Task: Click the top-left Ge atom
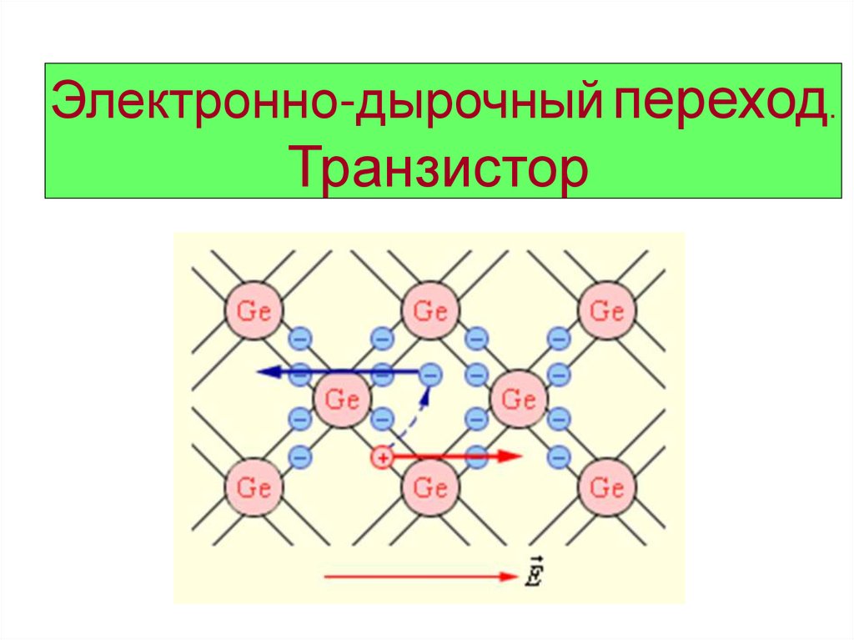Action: point(253,311)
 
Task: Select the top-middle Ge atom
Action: point(430,311)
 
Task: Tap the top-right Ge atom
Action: point(606,311)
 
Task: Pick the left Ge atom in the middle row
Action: point(342,399)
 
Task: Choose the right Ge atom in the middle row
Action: point(519,399)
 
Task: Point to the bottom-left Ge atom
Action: point(253,486)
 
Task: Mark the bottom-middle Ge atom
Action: point(430,486)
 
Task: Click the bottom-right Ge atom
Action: point(606,486)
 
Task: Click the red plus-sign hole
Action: point(381,457)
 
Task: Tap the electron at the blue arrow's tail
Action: point(430,374)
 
